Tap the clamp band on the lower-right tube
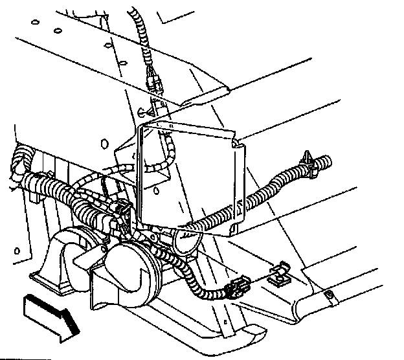tap(331, 297)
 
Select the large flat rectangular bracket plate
tap(188, 175)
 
